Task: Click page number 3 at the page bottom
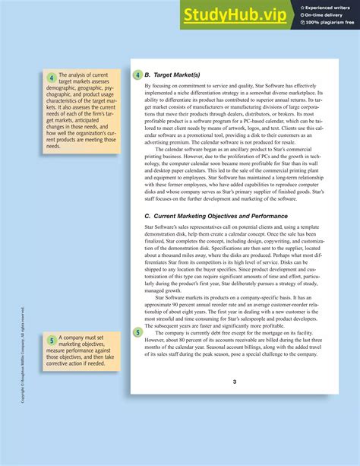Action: point(235,382)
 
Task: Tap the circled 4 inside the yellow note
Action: point(51,78)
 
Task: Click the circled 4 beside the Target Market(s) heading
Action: point(137,75)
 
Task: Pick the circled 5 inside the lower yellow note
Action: point(51,340)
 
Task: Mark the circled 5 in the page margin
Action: point(137,332)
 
